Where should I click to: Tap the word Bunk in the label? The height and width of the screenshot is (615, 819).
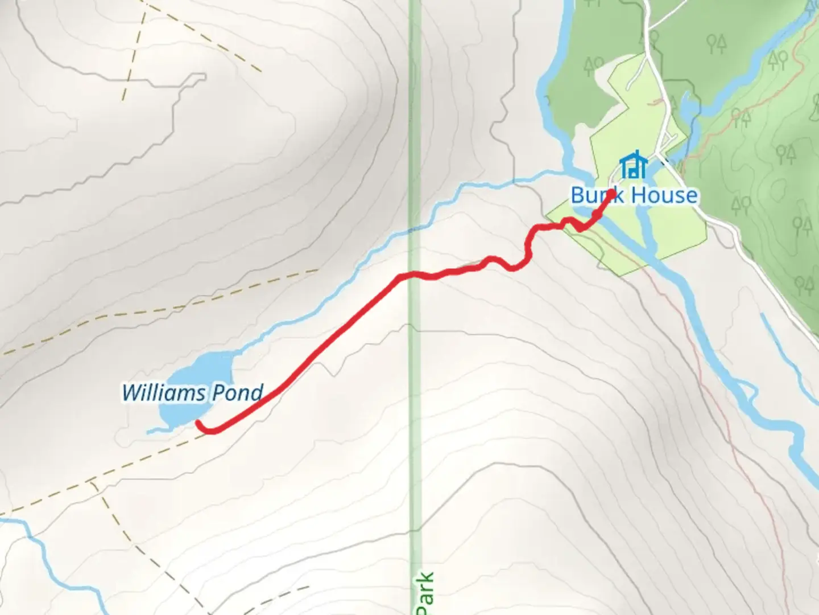coord(591,196)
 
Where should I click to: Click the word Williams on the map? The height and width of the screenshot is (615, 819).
coord(164,393)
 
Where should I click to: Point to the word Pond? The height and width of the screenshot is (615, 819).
coord(238,393)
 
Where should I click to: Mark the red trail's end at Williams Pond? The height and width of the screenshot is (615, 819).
coord(198,423)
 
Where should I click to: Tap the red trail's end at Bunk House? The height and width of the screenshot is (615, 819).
coord(612,192)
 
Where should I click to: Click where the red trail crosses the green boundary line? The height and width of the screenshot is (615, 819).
coord(415,275)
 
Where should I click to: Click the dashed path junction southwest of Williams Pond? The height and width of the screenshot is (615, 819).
coord(93,482)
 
